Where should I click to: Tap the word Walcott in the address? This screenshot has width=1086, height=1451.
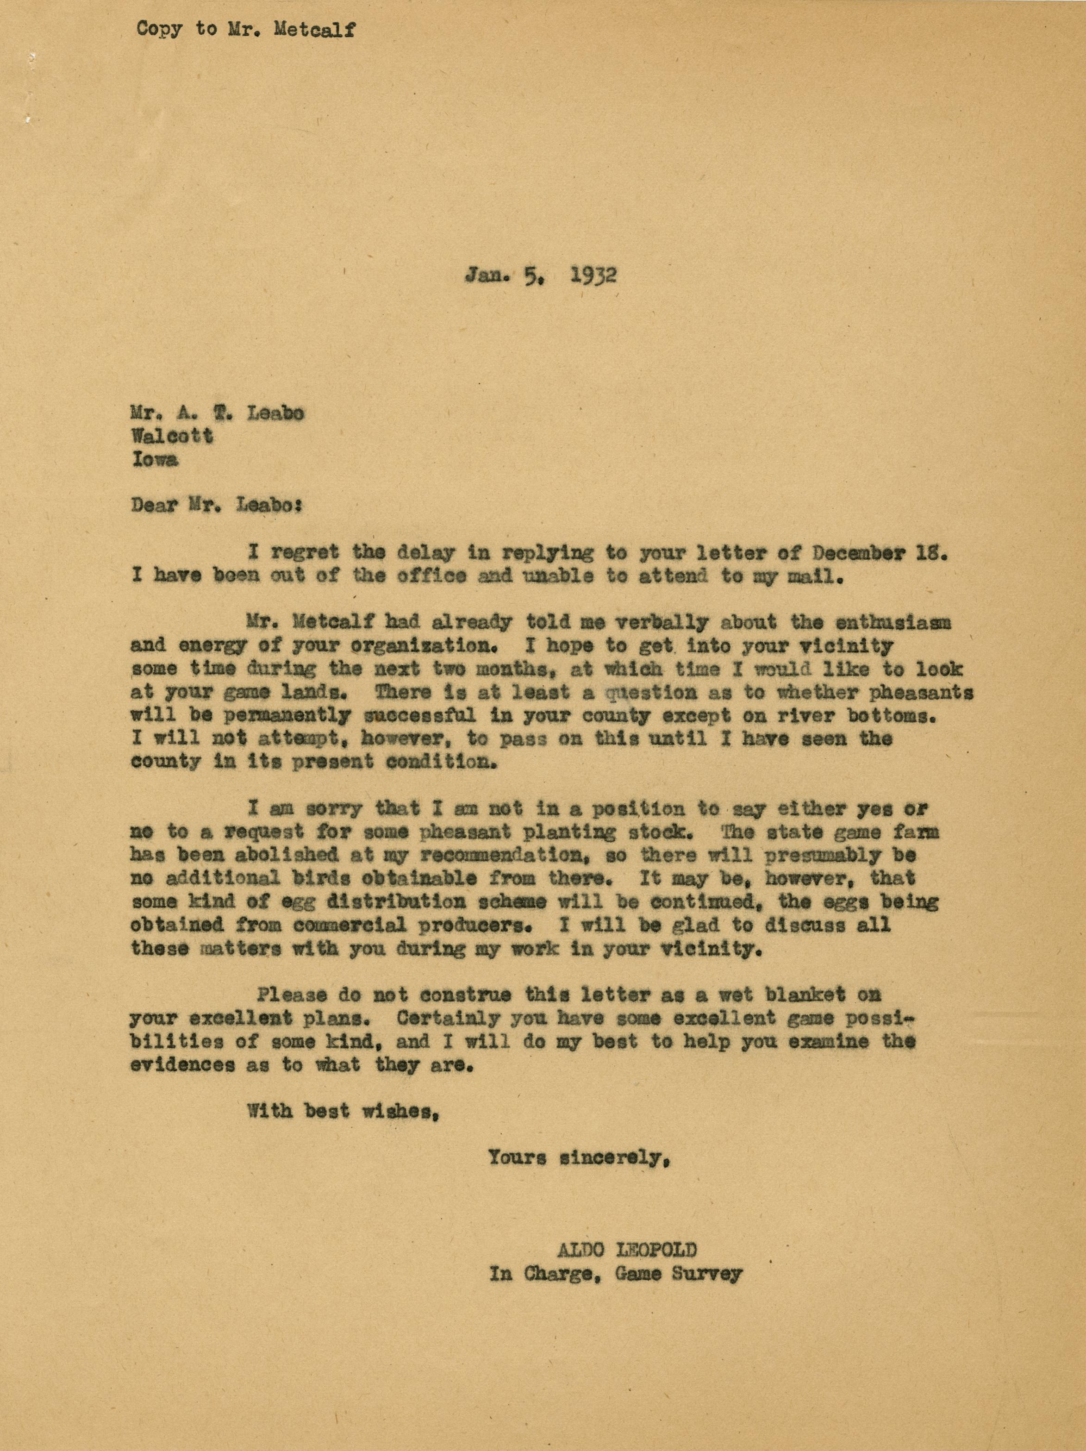[172, 436]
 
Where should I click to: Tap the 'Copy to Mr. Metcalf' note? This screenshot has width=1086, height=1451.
[246, 30]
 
